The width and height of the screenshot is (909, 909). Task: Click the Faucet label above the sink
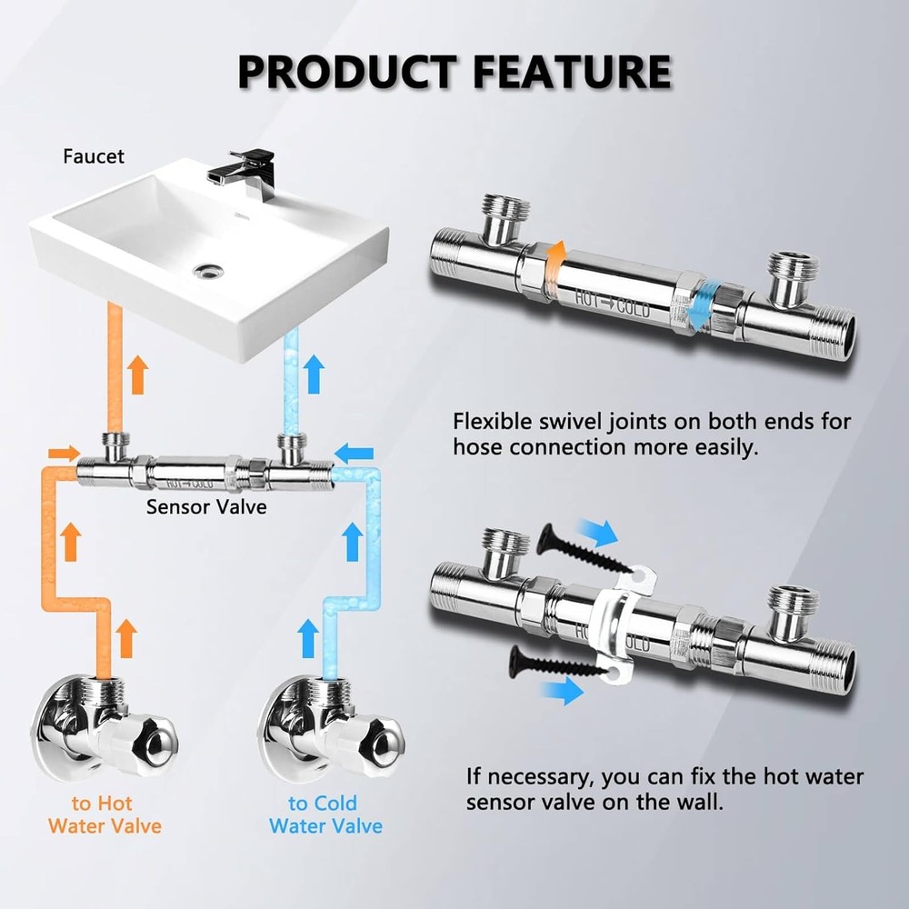pyautogui.click(x=93, y=156)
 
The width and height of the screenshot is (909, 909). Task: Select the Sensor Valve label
pyautogui.click(x=206, y=506)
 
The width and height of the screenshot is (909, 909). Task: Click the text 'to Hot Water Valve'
pyautogui.click(x=104, y=814)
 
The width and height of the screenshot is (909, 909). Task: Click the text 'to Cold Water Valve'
pyautogui.click(x=325, y=814)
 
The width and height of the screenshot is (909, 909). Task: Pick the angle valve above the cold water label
pyautogui.click(x=328, y=726)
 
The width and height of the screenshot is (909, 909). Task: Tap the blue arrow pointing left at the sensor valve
pyautogui.click(x=355, y=448)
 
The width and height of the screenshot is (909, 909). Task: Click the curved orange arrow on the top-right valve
pyautogui.click(x=558, y=258)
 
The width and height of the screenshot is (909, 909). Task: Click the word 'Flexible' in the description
pyautogui.click(x=496, y=422)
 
